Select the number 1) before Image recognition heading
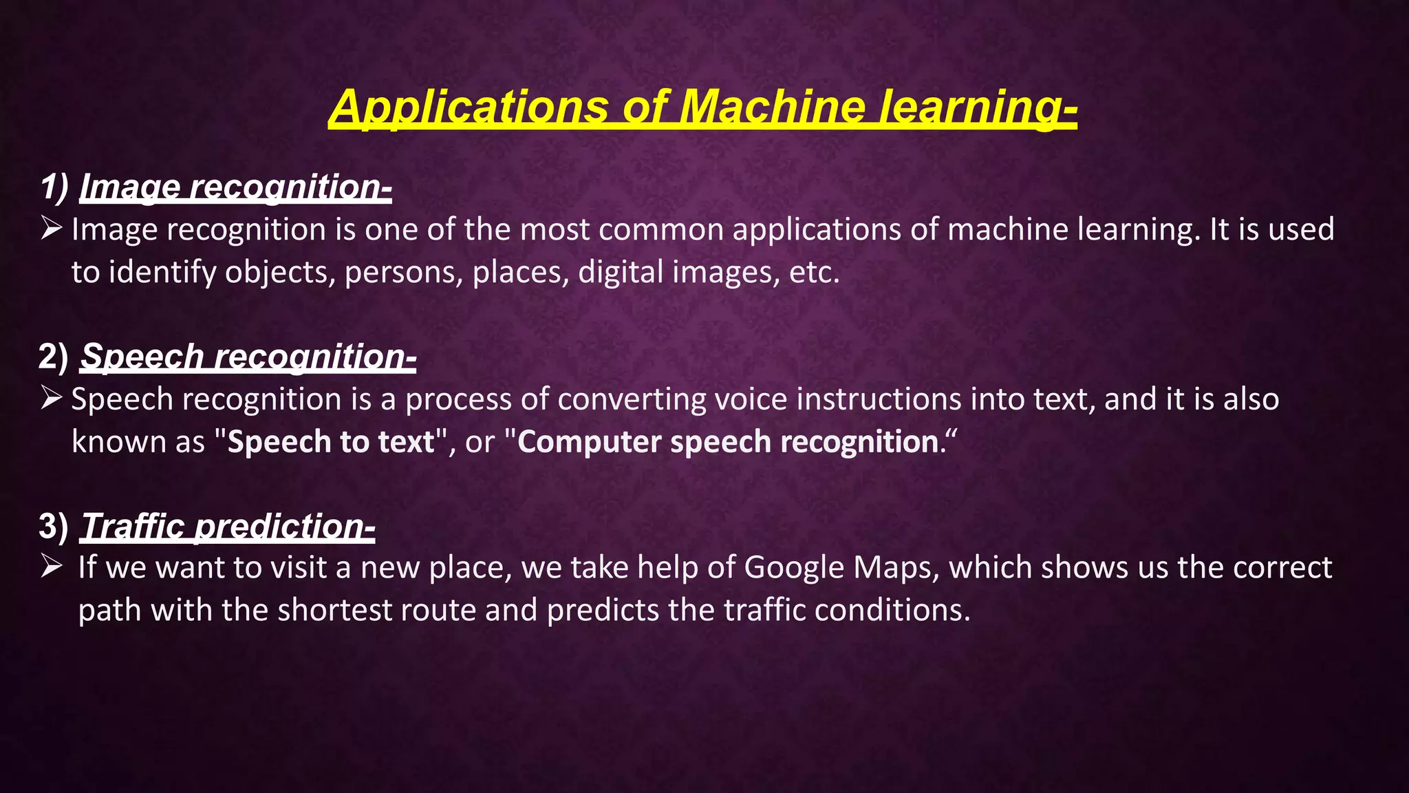click(54, 187)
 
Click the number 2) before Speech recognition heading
click(54, 357)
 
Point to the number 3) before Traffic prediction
click(54, 526)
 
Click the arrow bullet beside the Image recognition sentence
click(52, 227)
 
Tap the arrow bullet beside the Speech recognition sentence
click(52, 397)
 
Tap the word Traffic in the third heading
click(133, 526)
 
